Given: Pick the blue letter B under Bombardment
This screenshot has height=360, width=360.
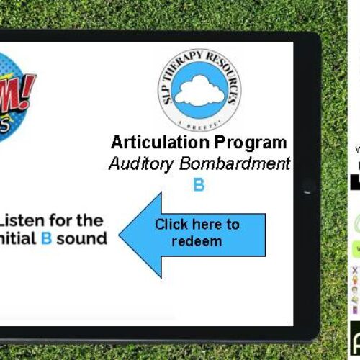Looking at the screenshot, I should coord(199,186).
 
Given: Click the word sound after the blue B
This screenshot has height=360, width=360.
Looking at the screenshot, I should coord(81,238).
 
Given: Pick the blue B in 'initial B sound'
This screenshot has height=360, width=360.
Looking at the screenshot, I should coord(46,238).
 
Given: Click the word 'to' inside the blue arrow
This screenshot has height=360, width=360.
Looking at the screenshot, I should coord(232,225).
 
